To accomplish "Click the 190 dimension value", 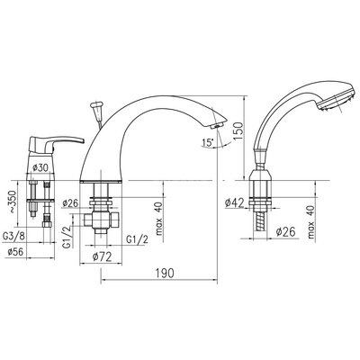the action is pos(165,274).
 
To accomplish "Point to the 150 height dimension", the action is pos(239,130).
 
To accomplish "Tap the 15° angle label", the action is pos(207,142).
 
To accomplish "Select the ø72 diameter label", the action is pos(102,256).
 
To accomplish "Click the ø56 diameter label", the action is pos(15,252).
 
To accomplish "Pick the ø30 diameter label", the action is pos(40,168).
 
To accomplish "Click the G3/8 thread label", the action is pos(13,236).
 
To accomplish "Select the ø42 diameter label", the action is pos(234,203).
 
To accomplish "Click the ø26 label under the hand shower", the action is pos(285,231).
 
